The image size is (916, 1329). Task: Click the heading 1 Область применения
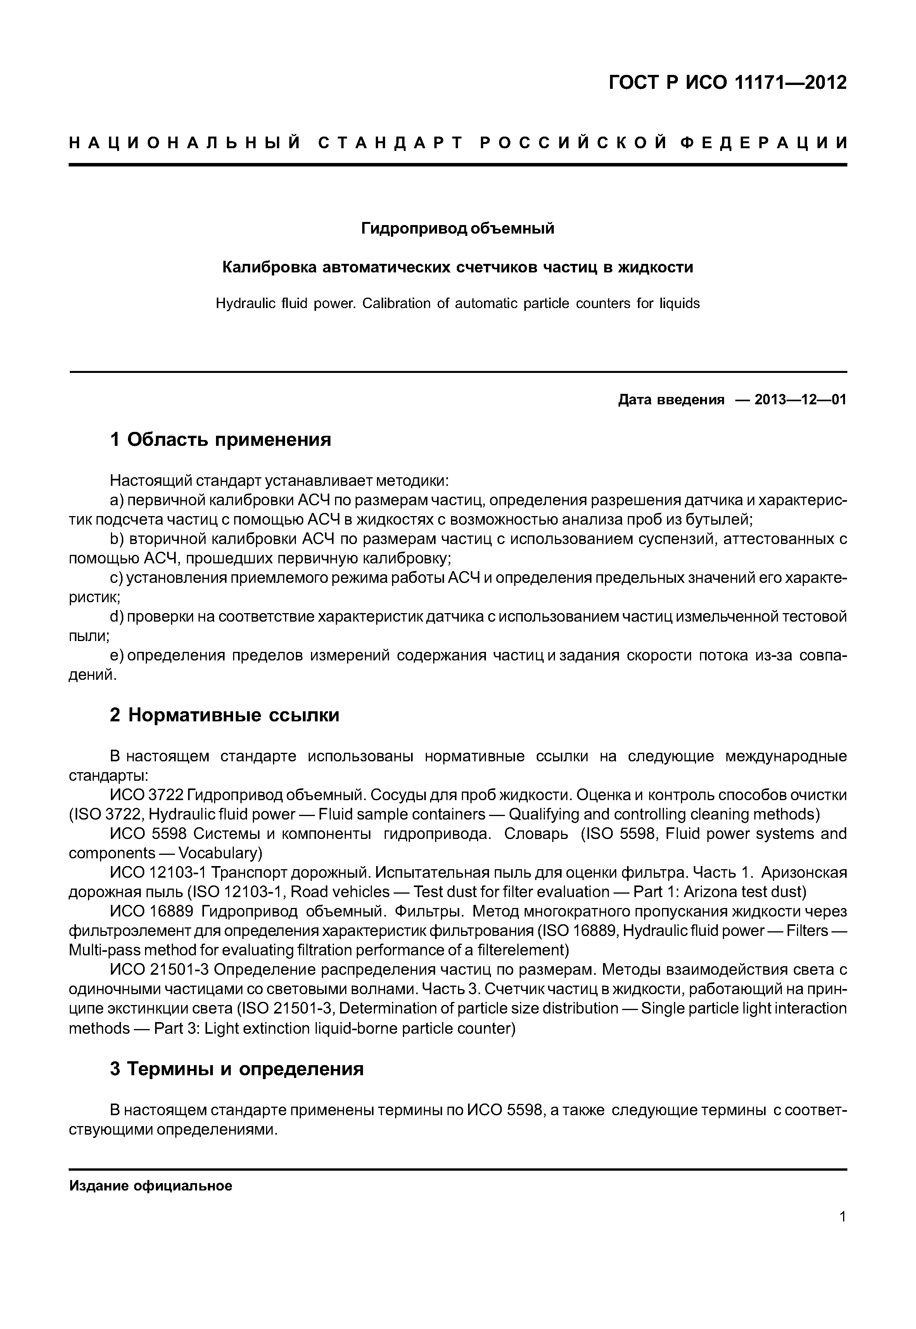coord(220,440)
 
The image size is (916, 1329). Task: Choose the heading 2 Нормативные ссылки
coord(225,715)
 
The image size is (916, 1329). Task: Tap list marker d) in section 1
coord(117,617)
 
